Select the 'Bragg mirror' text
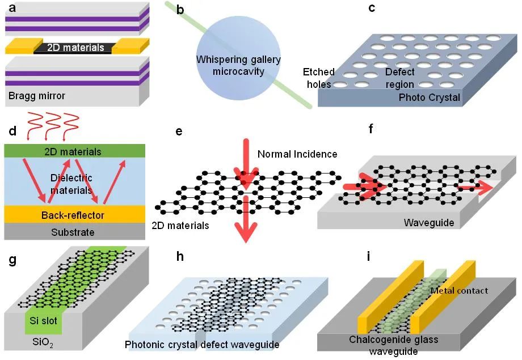37,96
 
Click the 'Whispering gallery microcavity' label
238,65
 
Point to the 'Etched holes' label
318,78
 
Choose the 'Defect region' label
400,78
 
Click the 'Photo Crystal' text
430,98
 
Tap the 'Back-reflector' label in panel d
73,215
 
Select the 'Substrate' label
73,232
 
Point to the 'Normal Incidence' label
297,154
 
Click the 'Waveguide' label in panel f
429,223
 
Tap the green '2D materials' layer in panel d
73,151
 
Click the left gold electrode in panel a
23,46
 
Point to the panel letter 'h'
180,256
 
